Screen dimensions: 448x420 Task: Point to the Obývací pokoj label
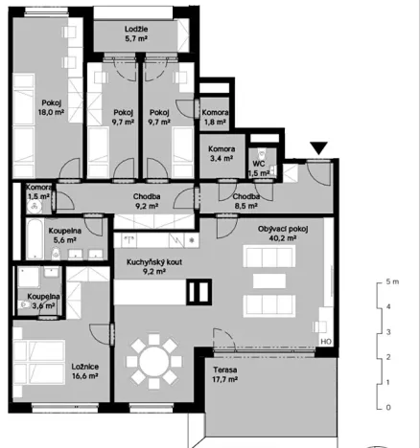click(x=283, y=229)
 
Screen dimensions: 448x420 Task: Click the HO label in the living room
click(x=325, y=341)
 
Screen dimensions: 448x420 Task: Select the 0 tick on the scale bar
click(x=386, y=407)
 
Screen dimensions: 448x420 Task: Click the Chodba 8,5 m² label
click(x=246, y=200)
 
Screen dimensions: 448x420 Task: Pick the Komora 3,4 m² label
click(x=222, y=154)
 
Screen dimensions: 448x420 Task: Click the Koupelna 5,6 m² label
click(x=67, y=236)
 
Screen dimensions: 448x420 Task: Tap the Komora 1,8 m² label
click(x=215, y=117)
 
